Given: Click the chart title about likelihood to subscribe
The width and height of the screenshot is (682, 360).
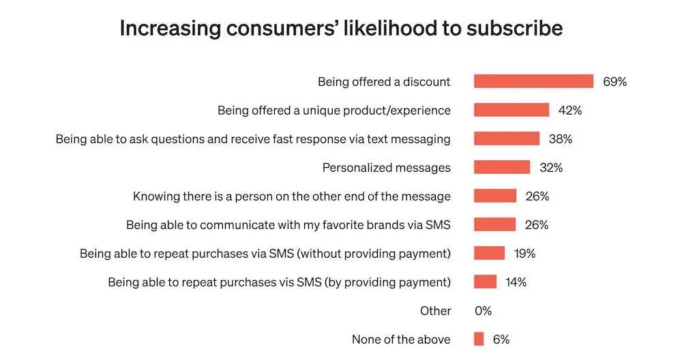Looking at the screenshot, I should click(341, 29).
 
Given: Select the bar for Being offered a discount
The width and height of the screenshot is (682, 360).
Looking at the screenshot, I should click(533, 82).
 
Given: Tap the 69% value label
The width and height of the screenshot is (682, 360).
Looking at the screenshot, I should click(614, 82).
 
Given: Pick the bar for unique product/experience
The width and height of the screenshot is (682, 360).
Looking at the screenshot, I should click(512, 110).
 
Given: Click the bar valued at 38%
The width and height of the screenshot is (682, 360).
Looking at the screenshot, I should click(507, 139).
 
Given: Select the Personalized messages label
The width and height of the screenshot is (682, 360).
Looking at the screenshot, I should click(386, 168).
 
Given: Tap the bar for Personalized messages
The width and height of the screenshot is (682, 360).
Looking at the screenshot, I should click(502, 168).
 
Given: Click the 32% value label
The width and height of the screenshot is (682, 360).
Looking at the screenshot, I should click(551, 168).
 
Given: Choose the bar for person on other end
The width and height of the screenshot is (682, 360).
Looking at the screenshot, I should click(495, 196).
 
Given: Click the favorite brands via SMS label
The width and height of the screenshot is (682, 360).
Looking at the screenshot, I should click(288, 225).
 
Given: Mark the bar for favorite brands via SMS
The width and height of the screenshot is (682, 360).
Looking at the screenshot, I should click(495, 225).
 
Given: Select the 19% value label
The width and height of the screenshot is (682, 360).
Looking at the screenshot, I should click(524, 254).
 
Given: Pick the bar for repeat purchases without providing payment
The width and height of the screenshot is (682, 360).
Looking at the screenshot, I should click(489, 254).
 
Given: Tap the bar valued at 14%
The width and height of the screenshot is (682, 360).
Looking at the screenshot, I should click(485, 282).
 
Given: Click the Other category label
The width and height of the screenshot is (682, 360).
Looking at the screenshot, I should click(435, 311).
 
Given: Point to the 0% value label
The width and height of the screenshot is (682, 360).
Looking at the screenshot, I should click(483, 311).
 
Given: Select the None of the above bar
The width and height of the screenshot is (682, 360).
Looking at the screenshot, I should click(479, 340).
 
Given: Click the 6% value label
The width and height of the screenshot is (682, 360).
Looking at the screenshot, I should click(501, 340).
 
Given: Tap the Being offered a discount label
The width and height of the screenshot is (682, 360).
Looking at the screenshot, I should click(384, 82).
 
